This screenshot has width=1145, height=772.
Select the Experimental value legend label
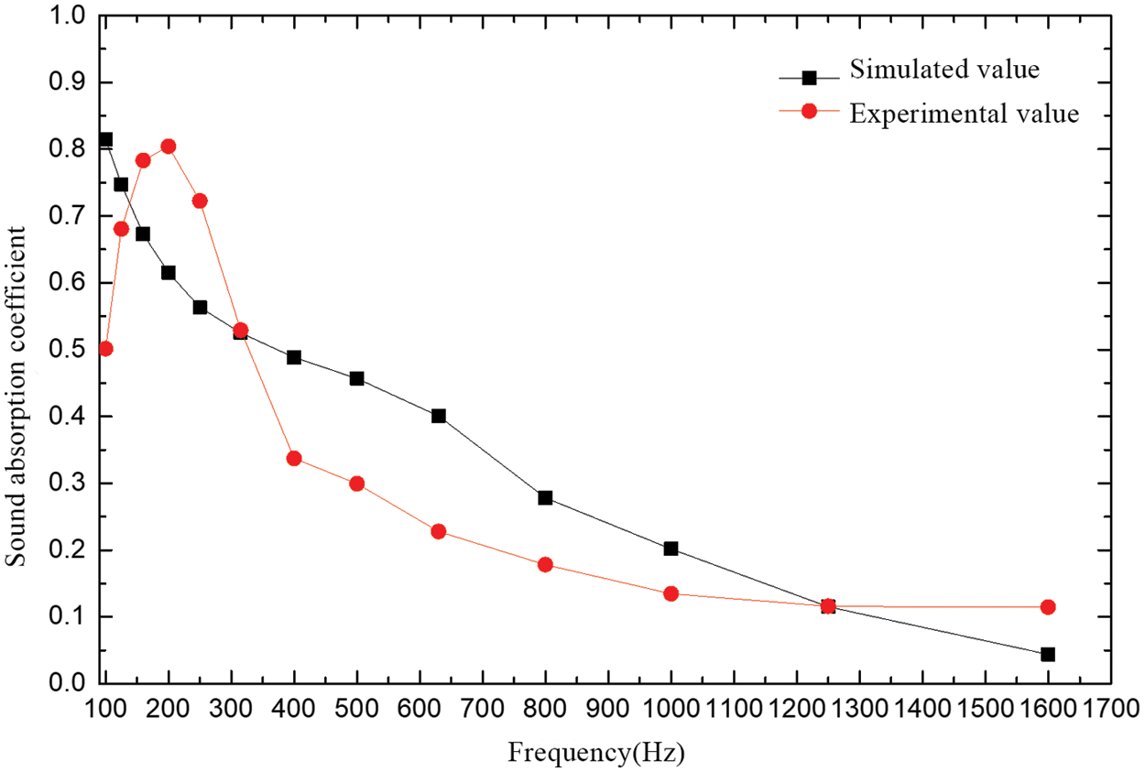[965, 114]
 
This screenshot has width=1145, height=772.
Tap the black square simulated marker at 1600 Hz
[1048, 654]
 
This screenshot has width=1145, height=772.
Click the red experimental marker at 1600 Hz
[1048, 607]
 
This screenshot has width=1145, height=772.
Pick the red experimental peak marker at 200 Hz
[169, 147]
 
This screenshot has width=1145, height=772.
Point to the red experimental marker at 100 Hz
[105, 349]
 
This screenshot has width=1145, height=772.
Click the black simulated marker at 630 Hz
[439, 416]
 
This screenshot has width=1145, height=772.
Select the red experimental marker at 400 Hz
[294, 458]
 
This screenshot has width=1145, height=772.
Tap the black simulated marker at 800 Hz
[545, 497]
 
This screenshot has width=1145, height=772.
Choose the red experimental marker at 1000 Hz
[671, 593]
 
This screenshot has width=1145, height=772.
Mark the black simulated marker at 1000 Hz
[671, 549]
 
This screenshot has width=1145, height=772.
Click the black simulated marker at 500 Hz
[357, 378]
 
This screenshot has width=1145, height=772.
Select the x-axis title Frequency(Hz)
[596, 754]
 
